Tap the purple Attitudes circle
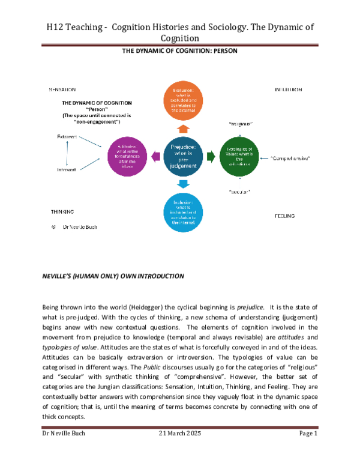[127, 157]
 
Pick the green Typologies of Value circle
[239, 157]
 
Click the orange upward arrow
[184, 128]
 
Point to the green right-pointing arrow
[211, 157]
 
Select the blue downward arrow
[184, 184]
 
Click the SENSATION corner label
[62, 89]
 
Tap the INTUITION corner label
[288, 89]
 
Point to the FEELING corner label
[284, 215]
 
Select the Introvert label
[67, 170]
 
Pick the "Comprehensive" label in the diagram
[290, 158]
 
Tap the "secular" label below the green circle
[239, 192]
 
